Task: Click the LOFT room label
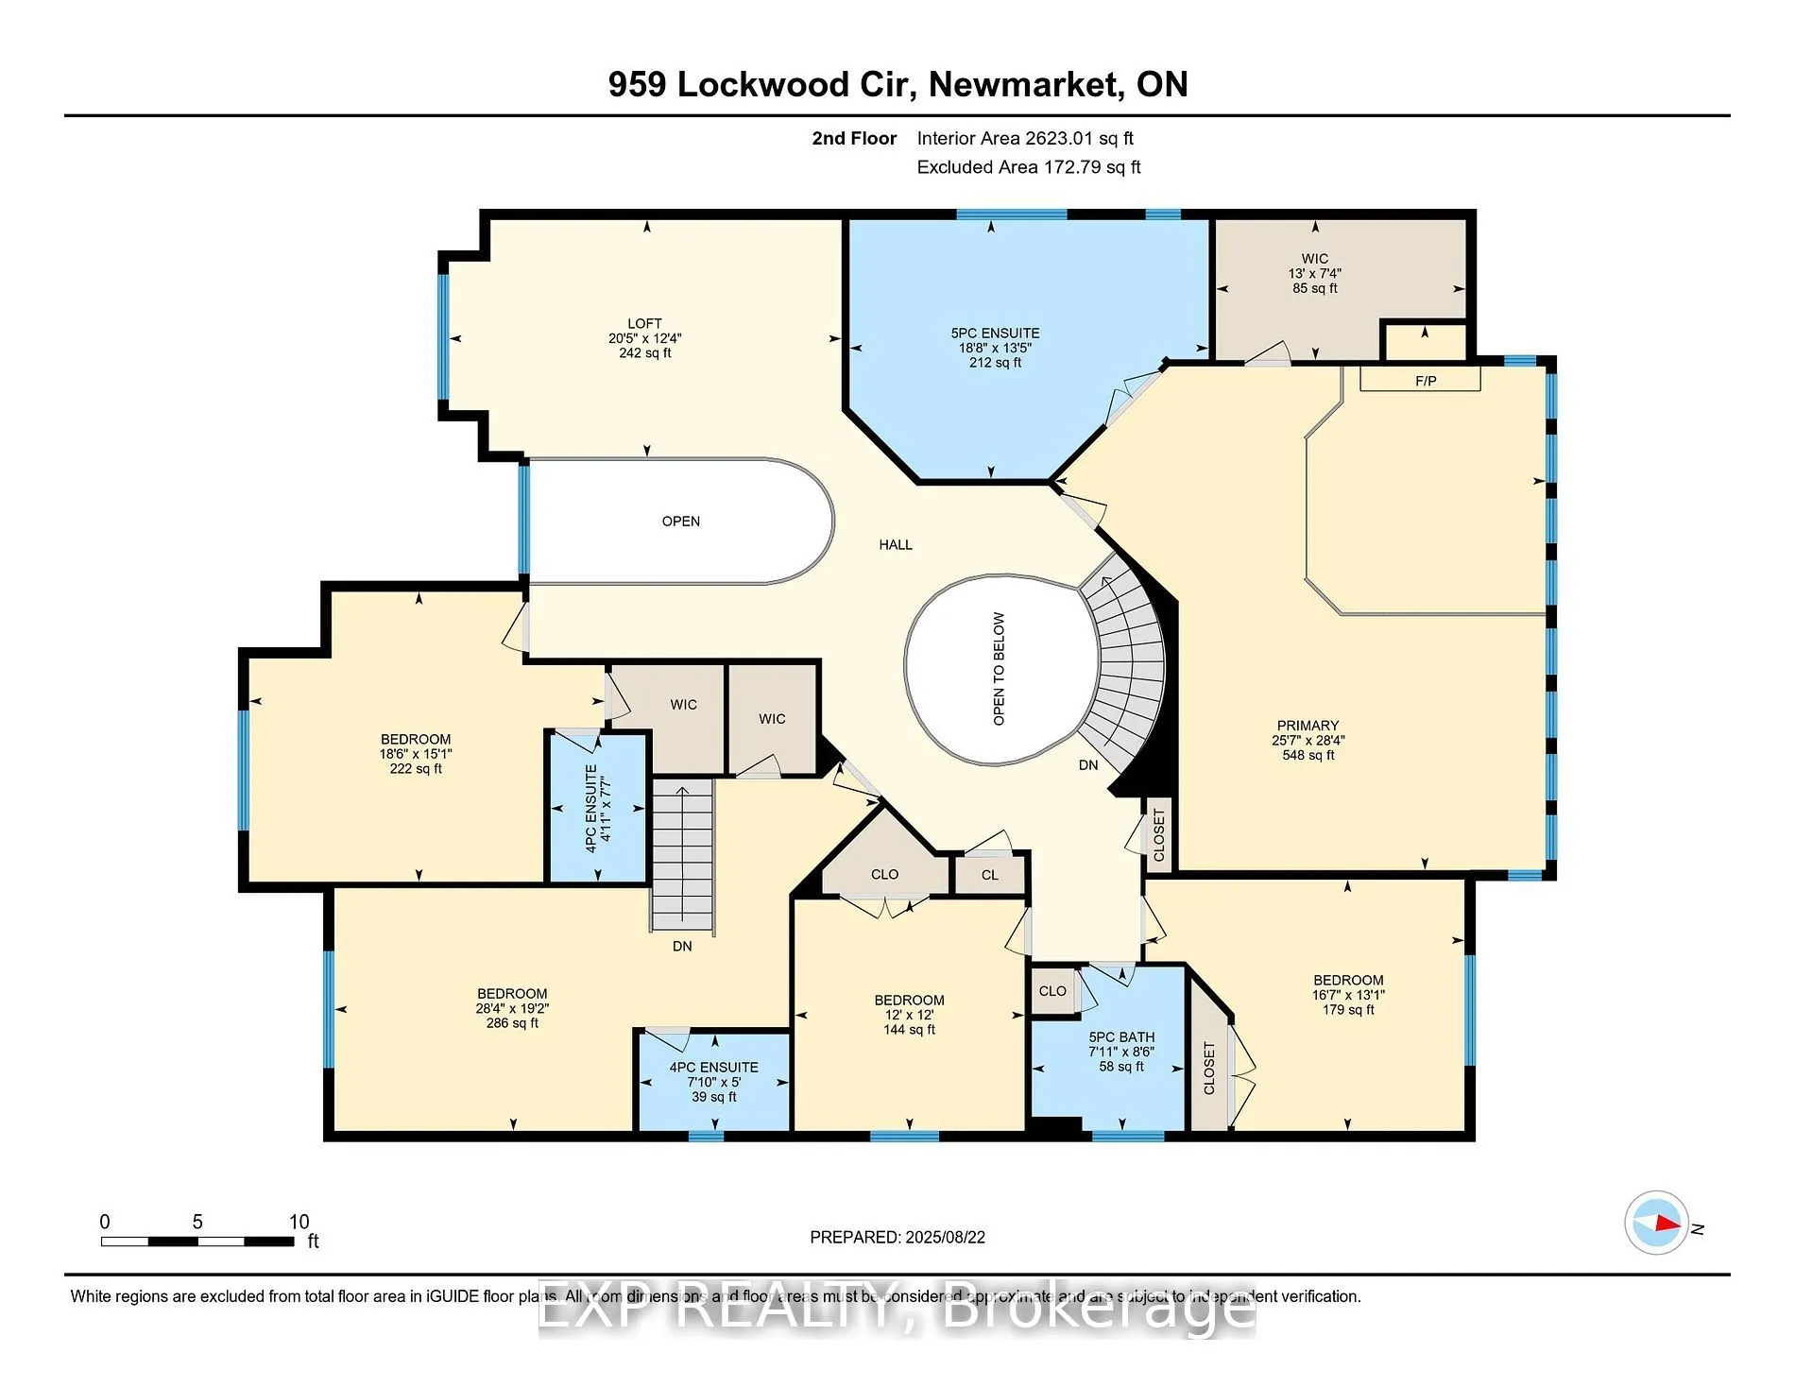(x=644, y=337)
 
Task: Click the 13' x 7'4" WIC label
(x=1314, y=273)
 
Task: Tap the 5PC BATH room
(x=1120, y=1051)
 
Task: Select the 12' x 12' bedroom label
(x=909, y=1015)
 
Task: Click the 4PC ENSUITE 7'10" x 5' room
(x=713, y=1082)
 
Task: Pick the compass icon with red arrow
(x=1656, y=1223)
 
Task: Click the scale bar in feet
(x=197, y=1241)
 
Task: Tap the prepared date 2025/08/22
(x=897, y=1237)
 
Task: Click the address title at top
(x=897, y=84)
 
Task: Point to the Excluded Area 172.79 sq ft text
(x=1028, y=167)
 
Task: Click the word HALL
(x=896, y=544)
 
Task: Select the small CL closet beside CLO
(x=989, y=875)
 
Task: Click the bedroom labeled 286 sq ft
(x=511, y=1008)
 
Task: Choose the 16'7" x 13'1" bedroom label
(x=1347, y=995)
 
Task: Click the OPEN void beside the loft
(x=680, y=522)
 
